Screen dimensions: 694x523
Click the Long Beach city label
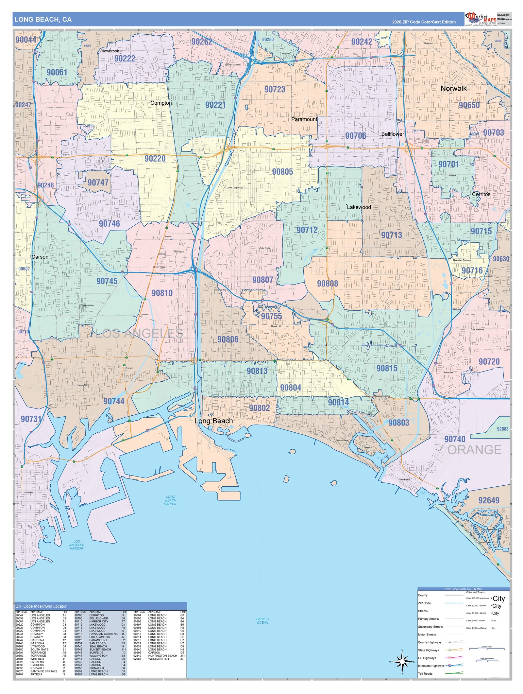213,421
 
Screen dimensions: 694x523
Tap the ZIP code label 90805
282,172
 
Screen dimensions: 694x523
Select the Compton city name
161,103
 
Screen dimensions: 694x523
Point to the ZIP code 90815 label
387,369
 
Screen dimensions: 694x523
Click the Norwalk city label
453,88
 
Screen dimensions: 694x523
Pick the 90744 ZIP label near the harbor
114,401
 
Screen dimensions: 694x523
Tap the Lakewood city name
359,207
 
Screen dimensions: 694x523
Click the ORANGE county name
474,450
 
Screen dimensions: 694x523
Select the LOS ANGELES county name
139,334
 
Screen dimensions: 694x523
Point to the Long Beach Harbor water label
171,500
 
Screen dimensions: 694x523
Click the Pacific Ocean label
262,620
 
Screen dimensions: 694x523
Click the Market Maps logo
481,19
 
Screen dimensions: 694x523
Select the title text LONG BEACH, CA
43,19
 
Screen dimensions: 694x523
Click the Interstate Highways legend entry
431,666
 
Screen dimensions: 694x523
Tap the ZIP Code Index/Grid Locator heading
41,606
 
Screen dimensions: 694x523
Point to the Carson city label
40,257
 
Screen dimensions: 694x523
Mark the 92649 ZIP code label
489,500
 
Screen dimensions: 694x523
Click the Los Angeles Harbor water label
76,545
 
